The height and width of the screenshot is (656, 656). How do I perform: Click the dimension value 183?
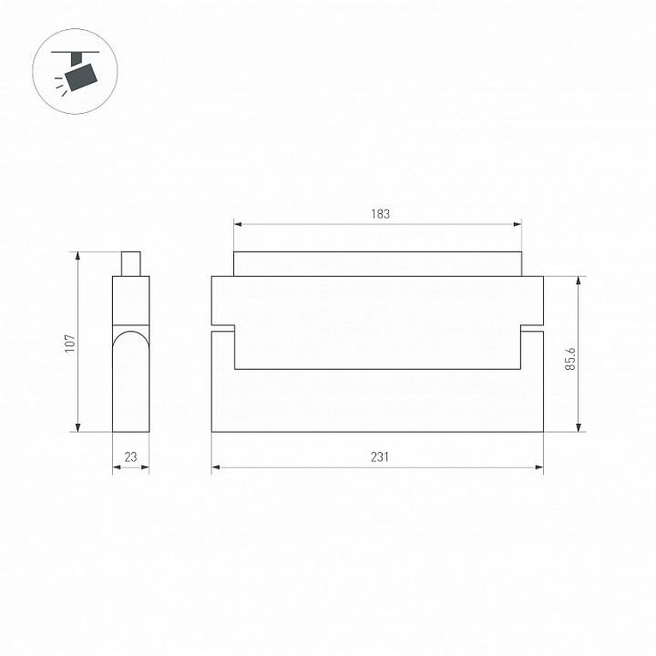[380, 214]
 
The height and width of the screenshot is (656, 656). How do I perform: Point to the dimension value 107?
[69, 343]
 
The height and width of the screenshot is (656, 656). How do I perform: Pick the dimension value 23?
[130, 457]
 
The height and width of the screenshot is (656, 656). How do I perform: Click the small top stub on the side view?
[130, 263]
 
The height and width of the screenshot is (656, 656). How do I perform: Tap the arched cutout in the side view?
[130, 346]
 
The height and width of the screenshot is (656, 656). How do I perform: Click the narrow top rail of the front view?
[378, 263]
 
